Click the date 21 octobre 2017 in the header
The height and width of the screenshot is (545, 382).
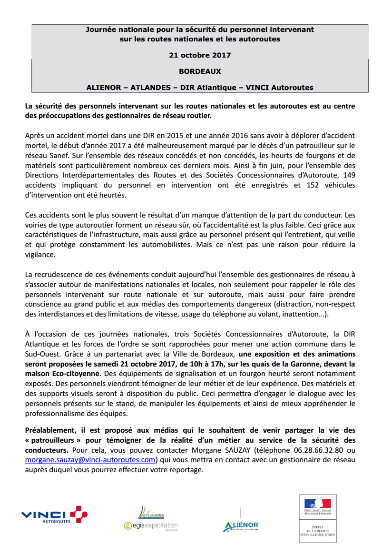(200, 55)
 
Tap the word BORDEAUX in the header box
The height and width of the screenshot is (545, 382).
(200, 71)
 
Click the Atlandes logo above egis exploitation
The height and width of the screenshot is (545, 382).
(151, 512)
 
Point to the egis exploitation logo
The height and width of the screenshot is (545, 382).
(150, 526)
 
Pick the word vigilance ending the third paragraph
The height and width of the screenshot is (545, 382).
(40, 255)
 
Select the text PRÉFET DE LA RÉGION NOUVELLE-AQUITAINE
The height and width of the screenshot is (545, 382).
(318, 534)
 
